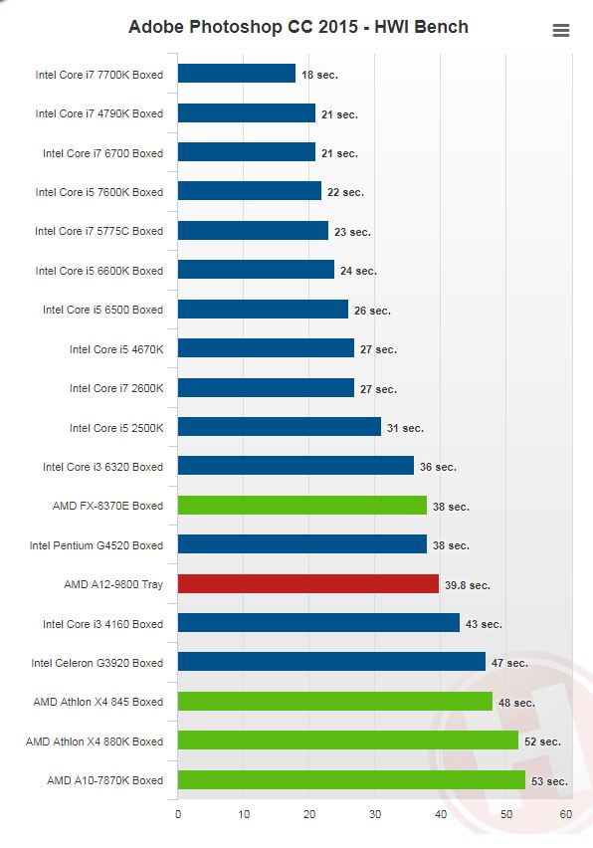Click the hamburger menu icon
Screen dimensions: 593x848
(561, 30)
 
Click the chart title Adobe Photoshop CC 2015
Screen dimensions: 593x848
(243, 27)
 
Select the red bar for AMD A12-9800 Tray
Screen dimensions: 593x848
(308, 584)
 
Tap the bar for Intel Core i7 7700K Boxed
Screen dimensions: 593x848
(237, 74)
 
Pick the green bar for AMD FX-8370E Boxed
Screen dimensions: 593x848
(302, 506)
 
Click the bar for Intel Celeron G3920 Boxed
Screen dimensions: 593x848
(331, 662)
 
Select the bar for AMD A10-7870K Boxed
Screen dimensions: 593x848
(351, 780)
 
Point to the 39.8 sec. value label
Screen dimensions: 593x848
(468, 585)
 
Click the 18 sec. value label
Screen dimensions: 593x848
(319, 75)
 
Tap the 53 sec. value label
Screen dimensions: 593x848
(549, 781)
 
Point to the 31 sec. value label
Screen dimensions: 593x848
(405, 428)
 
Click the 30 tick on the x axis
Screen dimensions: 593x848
(375, 814)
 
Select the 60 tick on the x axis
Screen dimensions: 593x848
(566, 814)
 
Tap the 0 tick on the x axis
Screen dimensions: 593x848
(178, 814)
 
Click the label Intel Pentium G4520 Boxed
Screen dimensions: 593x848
(97, 545)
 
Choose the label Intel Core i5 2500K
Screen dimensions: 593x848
(116, 428)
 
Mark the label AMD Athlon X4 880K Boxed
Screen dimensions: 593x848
(95, 742)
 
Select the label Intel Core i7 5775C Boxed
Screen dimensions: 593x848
(99, 231)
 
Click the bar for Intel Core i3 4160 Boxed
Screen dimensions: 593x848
(318, 623)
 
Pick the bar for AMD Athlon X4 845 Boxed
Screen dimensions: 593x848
(335, 701)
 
